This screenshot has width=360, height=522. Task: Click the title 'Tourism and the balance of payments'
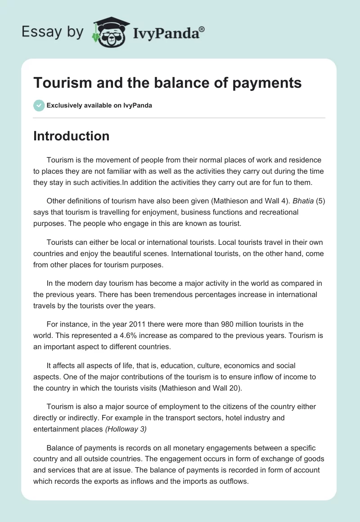click(167, 83)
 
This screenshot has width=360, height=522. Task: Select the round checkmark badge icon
click(38, 105)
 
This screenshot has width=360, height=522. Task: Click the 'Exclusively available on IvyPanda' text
click(99, 105)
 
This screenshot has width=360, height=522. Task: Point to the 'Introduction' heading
click(71, 136)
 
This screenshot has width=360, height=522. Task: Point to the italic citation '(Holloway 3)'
click(126, 429)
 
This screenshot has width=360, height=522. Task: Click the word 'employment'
click(181, 406)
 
